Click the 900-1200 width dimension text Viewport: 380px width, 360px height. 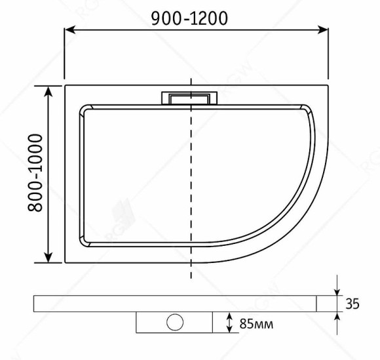189,18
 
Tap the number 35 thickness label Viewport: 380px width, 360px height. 352,304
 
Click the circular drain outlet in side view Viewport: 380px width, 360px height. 175,322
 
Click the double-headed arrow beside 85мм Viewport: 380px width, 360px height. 229,322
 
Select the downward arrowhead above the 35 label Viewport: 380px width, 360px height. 337,290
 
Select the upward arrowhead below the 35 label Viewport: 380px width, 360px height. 337,316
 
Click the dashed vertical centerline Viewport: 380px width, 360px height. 191,197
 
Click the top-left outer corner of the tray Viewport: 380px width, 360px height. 64,84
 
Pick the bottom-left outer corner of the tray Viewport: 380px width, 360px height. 64,263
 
